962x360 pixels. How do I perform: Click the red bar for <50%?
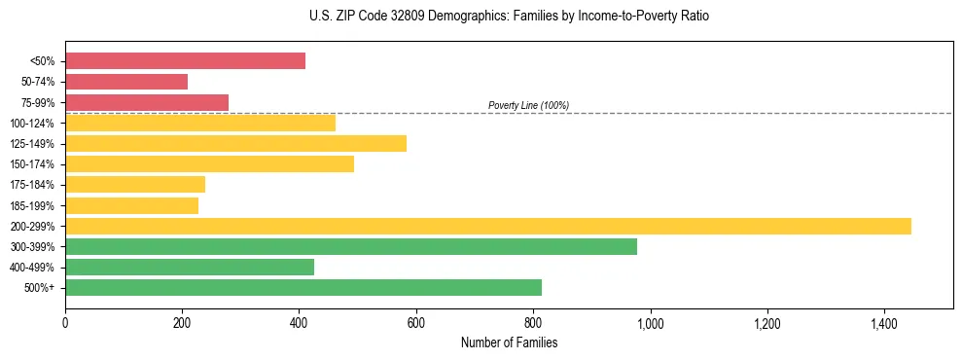(x=185, y=61)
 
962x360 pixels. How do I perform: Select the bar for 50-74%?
(x=126, y=82)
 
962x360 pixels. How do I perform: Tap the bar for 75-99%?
(x=147, y=102)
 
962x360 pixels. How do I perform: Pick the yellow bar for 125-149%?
(x=235, y=143)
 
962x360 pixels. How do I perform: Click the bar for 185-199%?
(x=131, y=205)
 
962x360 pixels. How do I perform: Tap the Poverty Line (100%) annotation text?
(x=528, y=105)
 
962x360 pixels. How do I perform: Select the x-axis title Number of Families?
(x=509, y=342)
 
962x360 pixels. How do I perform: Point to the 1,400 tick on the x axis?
(x=884, y=323)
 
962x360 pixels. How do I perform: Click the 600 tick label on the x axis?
(x=416, y=323)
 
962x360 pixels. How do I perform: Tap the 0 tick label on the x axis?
(x=65, y=323)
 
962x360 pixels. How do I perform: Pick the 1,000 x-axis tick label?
(x=650, y=323)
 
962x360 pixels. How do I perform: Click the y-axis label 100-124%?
(x=32, y=124)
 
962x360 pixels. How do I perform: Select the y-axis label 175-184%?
(x=32, y=185)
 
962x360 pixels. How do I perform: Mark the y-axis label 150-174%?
(x=32, y=164)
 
